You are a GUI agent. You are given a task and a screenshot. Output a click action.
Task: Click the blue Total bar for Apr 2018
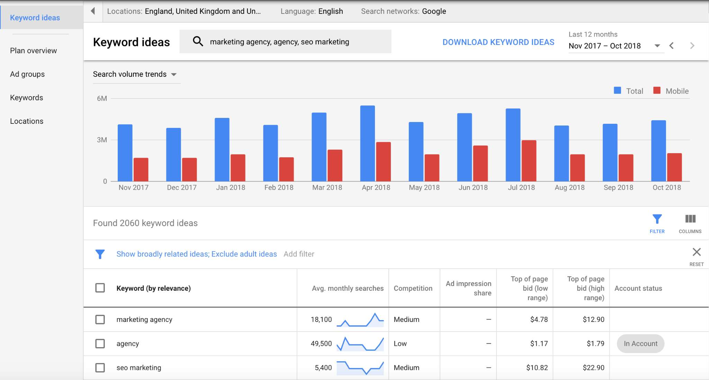(367, 143)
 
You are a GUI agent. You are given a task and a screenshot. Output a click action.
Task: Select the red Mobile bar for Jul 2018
(529, 160)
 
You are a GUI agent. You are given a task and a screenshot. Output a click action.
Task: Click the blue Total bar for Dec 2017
(173, 155)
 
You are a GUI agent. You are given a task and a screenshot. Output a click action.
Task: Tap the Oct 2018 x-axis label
(666, 187)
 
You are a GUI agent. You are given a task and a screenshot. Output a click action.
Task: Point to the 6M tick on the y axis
(102, 99)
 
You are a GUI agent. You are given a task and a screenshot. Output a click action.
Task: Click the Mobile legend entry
(671, 91)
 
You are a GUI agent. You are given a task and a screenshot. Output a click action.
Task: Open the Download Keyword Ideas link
(498, 42)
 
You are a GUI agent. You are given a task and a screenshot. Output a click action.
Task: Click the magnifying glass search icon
(198, 41)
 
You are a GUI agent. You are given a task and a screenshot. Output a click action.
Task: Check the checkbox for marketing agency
(100, 319)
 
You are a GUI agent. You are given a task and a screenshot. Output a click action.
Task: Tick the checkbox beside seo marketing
(100, 368)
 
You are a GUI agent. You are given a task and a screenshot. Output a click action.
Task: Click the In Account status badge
(640, 344)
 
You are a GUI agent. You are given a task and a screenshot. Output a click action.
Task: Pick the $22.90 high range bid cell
(593, 368)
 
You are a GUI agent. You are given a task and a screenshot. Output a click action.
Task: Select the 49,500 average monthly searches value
(321, 344)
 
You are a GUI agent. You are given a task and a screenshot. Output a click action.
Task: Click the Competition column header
(413, 288)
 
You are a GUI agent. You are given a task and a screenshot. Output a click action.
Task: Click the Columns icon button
(690, 223)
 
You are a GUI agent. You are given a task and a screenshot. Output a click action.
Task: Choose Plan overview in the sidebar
(33, 50)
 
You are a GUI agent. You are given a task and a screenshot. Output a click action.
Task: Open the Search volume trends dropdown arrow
(174, 74)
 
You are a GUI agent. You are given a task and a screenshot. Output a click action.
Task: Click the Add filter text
(299, 254)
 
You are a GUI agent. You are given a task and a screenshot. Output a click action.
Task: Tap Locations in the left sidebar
(27, 121)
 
